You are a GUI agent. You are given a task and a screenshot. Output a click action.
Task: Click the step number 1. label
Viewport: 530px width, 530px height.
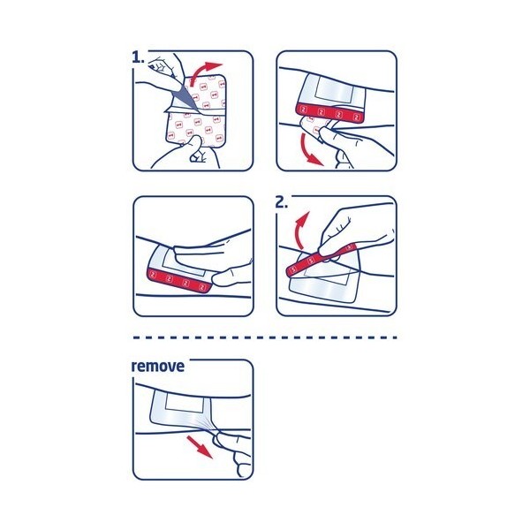(139, 57)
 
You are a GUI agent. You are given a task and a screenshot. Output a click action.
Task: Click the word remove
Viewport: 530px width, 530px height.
(158, 366)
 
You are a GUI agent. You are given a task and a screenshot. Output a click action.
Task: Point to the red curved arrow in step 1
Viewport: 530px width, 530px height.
(213, 72)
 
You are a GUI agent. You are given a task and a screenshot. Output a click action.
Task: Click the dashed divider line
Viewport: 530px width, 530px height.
(265, 337)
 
